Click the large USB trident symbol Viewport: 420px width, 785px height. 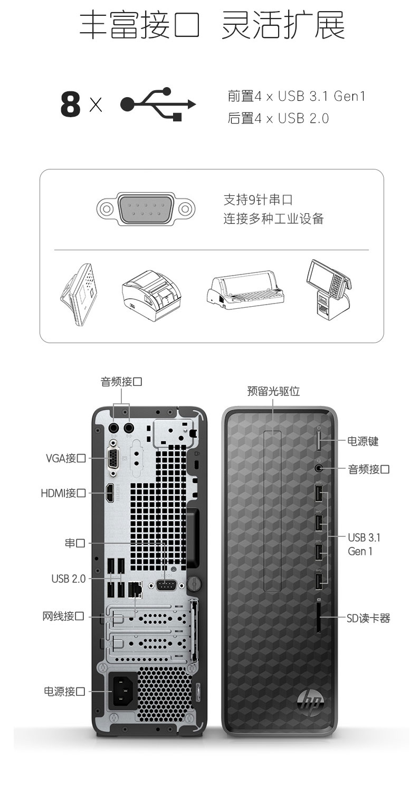pyautogui.click(x=158, y=104)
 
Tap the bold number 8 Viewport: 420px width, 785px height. pyautogui.click(x=70, y=104)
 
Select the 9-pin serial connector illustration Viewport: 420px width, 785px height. pyautogui.click(x=146, y=209)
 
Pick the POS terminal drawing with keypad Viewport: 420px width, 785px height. pyautogui.click(x=328, y=289)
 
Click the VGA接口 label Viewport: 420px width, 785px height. pyautogui.click(x=66, y=458)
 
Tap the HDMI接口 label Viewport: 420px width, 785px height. pyautogui.click(x=63, y=493)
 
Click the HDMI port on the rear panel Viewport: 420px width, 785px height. pyautogui.click(x=110, y=493)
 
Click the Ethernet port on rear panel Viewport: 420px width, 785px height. pyautogui.click(x=136, y=588)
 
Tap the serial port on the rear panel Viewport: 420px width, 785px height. pyautogui.click(x=166, y=585)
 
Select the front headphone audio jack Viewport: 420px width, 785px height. pyautogui.click(x=318, y=468)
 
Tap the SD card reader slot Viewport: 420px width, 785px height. pyautogui.click(x=319, y=617)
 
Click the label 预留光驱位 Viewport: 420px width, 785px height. pyautogui.click(x=273, y=391)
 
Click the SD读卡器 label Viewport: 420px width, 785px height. pyautogui.click(x=368, y=618)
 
